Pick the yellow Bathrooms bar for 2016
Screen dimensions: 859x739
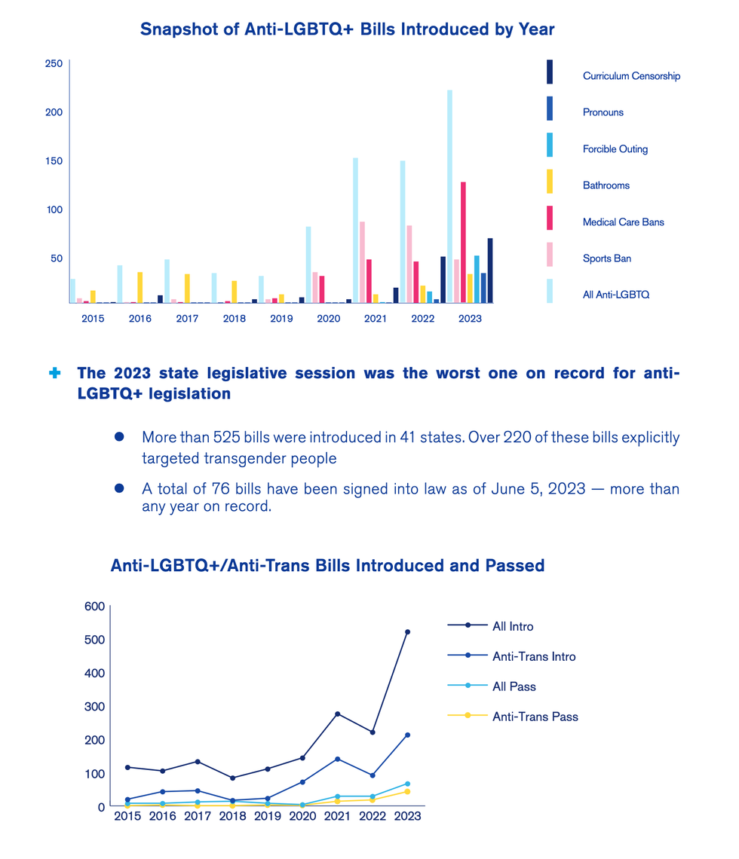[x=140, y=287]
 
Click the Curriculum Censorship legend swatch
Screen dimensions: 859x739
[x=550, y=72]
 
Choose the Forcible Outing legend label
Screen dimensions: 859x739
[x=615, y=149]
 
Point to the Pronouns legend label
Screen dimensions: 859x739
[x=603, y=112]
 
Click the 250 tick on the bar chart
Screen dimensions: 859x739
[x=54, y=64]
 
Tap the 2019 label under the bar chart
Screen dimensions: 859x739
[x=281, y=319]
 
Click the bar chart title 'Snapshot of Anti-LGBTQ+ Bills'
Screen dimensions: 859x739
[x=347, y=30]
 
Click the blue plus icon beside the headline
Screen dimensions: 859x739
[x=54, y=373]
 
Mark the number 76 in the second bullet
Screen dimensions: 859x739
[x=199, y=489]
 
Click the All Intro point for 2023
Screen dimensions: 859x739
[x=407, y=632]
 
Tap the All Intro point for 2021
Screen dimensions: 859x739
[x=337, y=714]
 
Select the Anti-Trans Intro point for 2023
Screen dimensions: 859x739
[x=407, y=735]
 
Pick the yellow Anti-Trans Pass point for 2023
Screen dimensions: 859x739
[x=407, y=791]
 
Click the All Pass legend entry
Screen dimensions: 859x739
[x=514, y=686]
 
